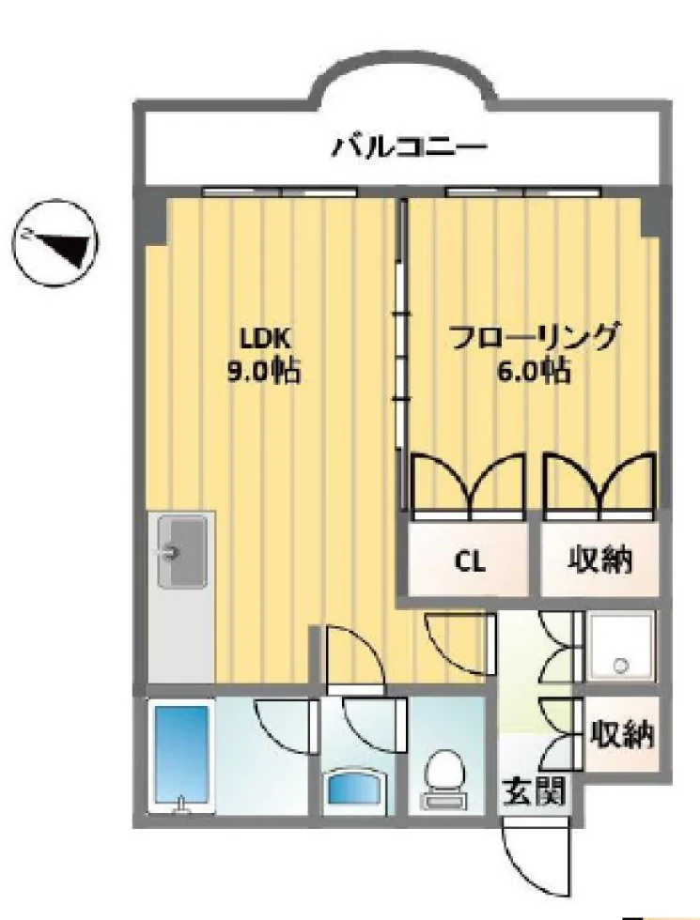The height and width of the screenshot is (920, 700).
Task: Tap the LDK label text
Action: (264, 338)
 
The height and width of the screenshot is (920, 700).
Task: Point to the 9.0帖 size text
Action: (264, 371)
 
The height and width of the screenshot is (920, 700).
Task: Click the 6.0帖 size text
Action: (534, 371)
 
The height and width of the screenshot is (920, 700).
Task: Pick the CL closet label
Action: (470, 562)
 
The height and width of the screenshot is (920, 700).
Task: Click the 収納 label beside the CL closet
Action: (599, 560)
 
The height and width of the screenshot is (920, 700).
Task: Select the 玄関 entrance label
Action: (535, 790)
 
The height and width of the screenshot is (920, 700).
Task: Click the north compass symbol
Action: (55, 243)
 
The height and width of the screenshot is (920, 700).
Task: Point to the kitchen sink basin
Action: (182, 551)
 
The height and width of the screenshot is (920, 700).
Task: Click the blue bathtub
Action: (181, 755)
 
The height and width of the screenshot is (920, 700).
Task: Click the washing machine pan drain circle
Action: (620, 666)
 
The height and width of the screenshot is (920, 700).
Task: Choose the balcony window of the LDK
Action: (280, 192)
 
